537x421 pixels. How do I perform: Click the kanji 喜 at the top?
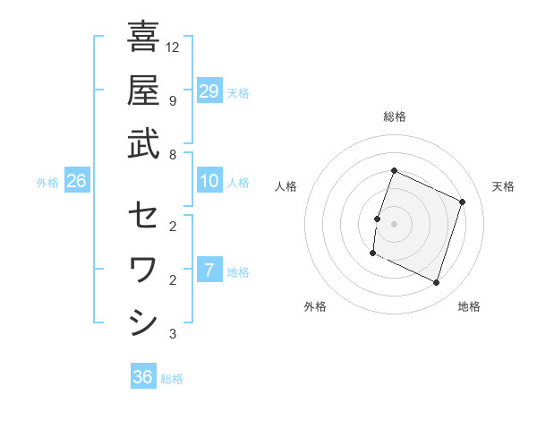(143, 38)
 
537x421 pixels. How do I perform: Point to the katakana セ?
(143, 215)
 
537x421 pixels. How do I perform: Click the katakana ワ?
(143, 269)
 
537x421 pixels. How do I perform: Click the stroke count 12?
(174, 47)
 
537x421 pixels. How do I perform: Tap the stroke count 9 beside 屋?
(172, 100)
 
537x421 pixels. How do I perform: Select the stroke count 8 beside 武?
(172, 154)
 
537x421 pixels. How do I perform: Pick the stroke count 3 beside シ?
(172, 334)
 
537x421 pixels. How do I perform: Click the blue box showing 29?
(209, 91)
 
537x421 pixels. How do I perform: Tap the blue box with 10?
(209, 181)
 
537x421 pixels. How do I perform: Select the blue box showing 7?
(209, 271)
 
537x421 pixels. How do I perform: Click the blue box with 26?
(77, 182)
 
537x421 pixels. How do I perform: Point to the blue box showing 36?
(143, 377)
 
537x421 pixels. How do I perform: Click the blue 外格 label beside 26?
(47, 183)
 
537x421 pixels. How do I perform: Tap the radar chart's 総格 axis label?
(394, 116)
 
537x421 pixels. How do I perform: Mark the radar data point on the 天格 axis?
(463, 202)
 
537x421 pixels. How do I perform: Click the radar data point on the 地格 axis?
(436, 283)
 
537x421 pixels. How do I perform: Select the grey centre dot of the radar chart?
(394, 224)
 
